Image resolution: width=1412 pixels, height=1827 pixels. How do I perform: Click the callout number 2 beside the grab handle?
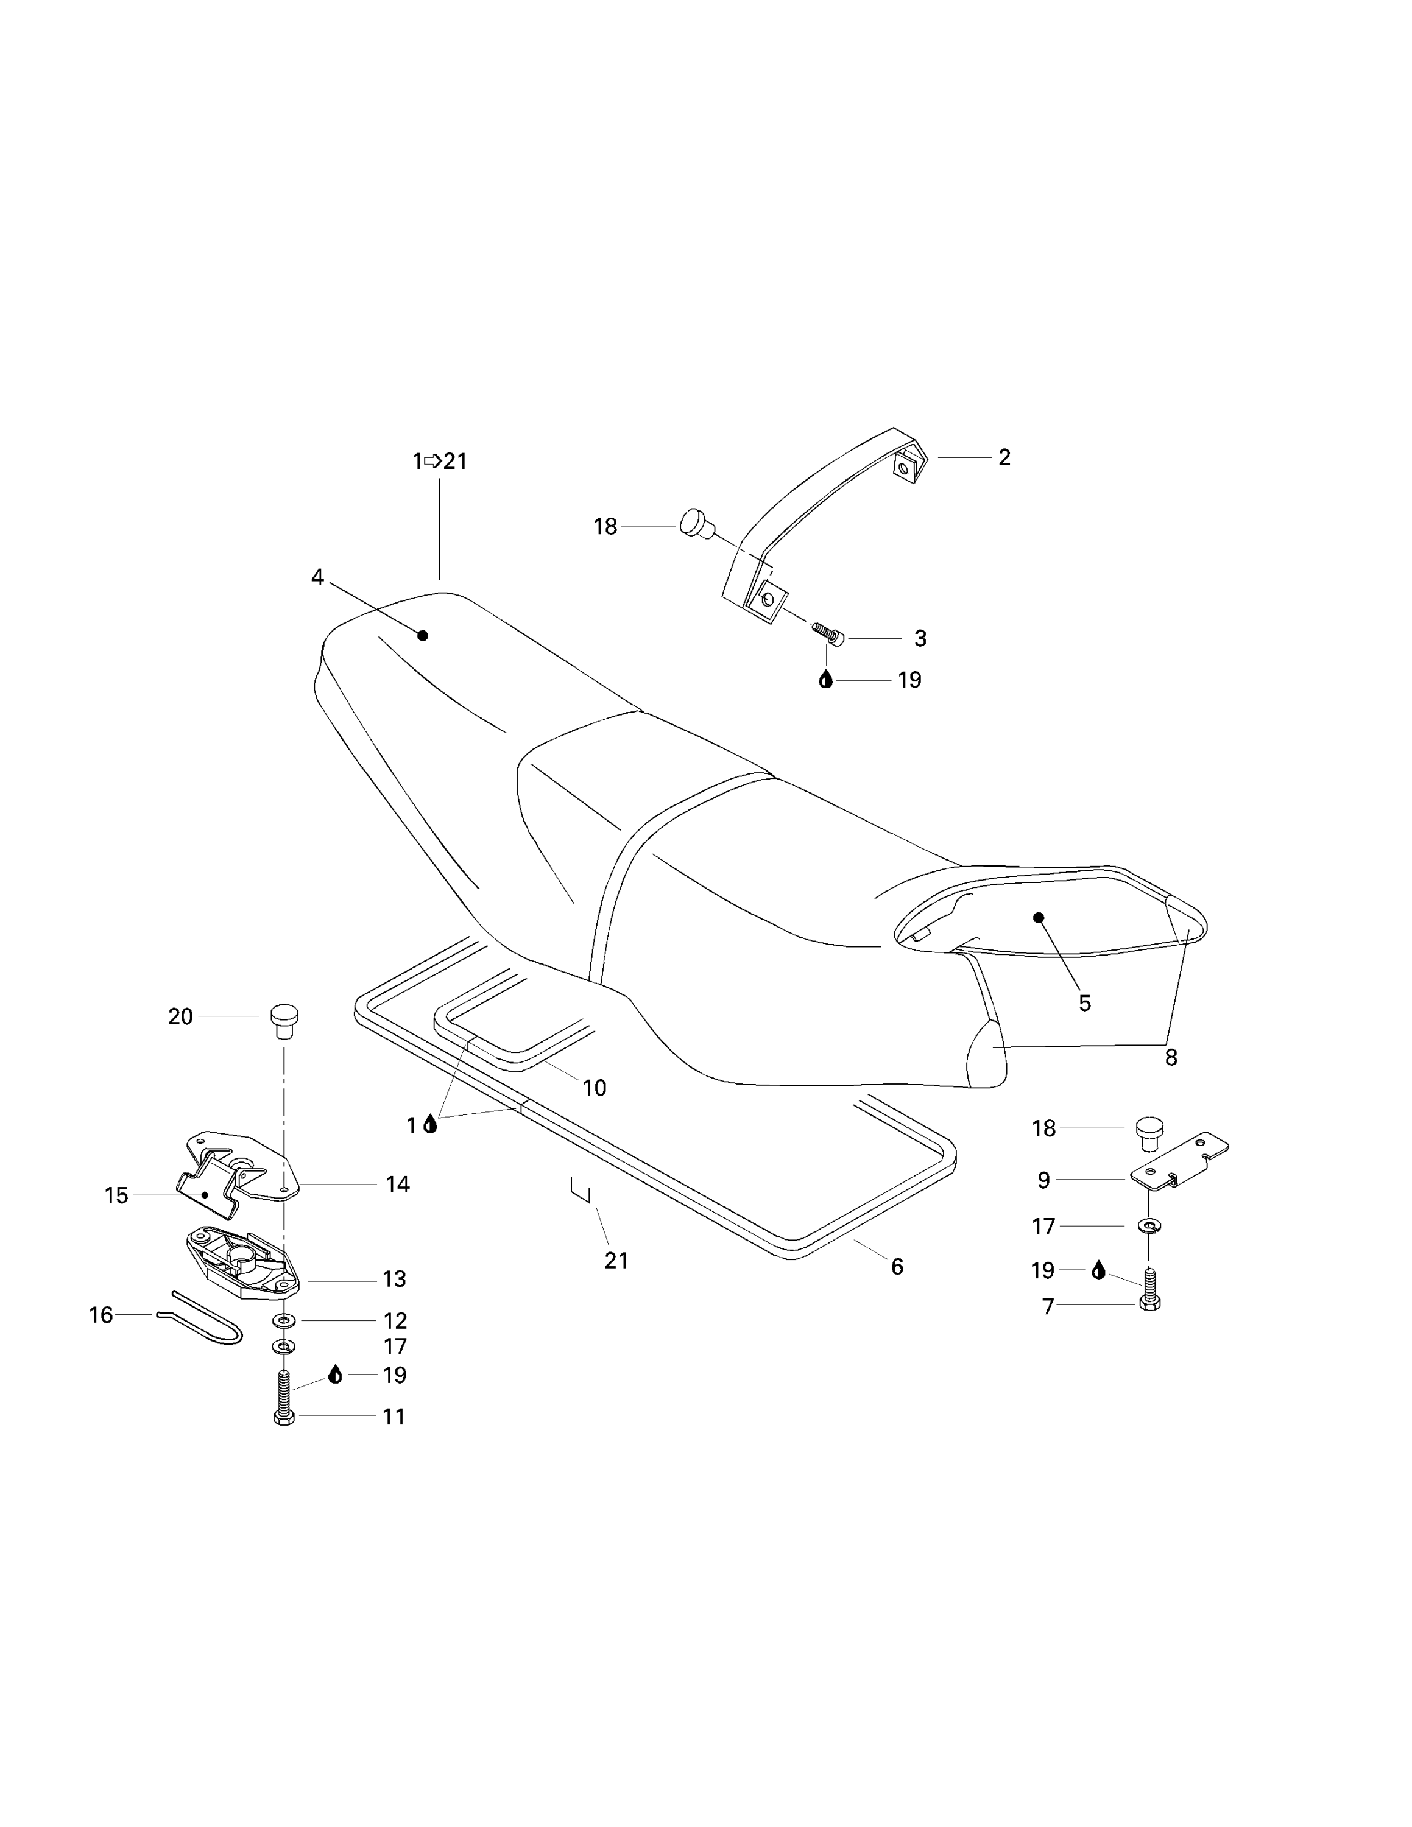tap(1004, 457)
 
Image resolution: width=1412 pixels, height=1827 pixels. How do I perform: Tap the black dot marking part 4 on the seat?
tap(422, 636)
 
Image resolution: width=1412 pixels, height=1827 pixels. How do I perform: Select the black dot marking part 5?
tap(1039, 918)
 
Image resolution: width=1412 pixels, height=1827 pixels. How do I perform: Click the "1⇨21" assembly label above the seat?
tap(439, 461)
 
